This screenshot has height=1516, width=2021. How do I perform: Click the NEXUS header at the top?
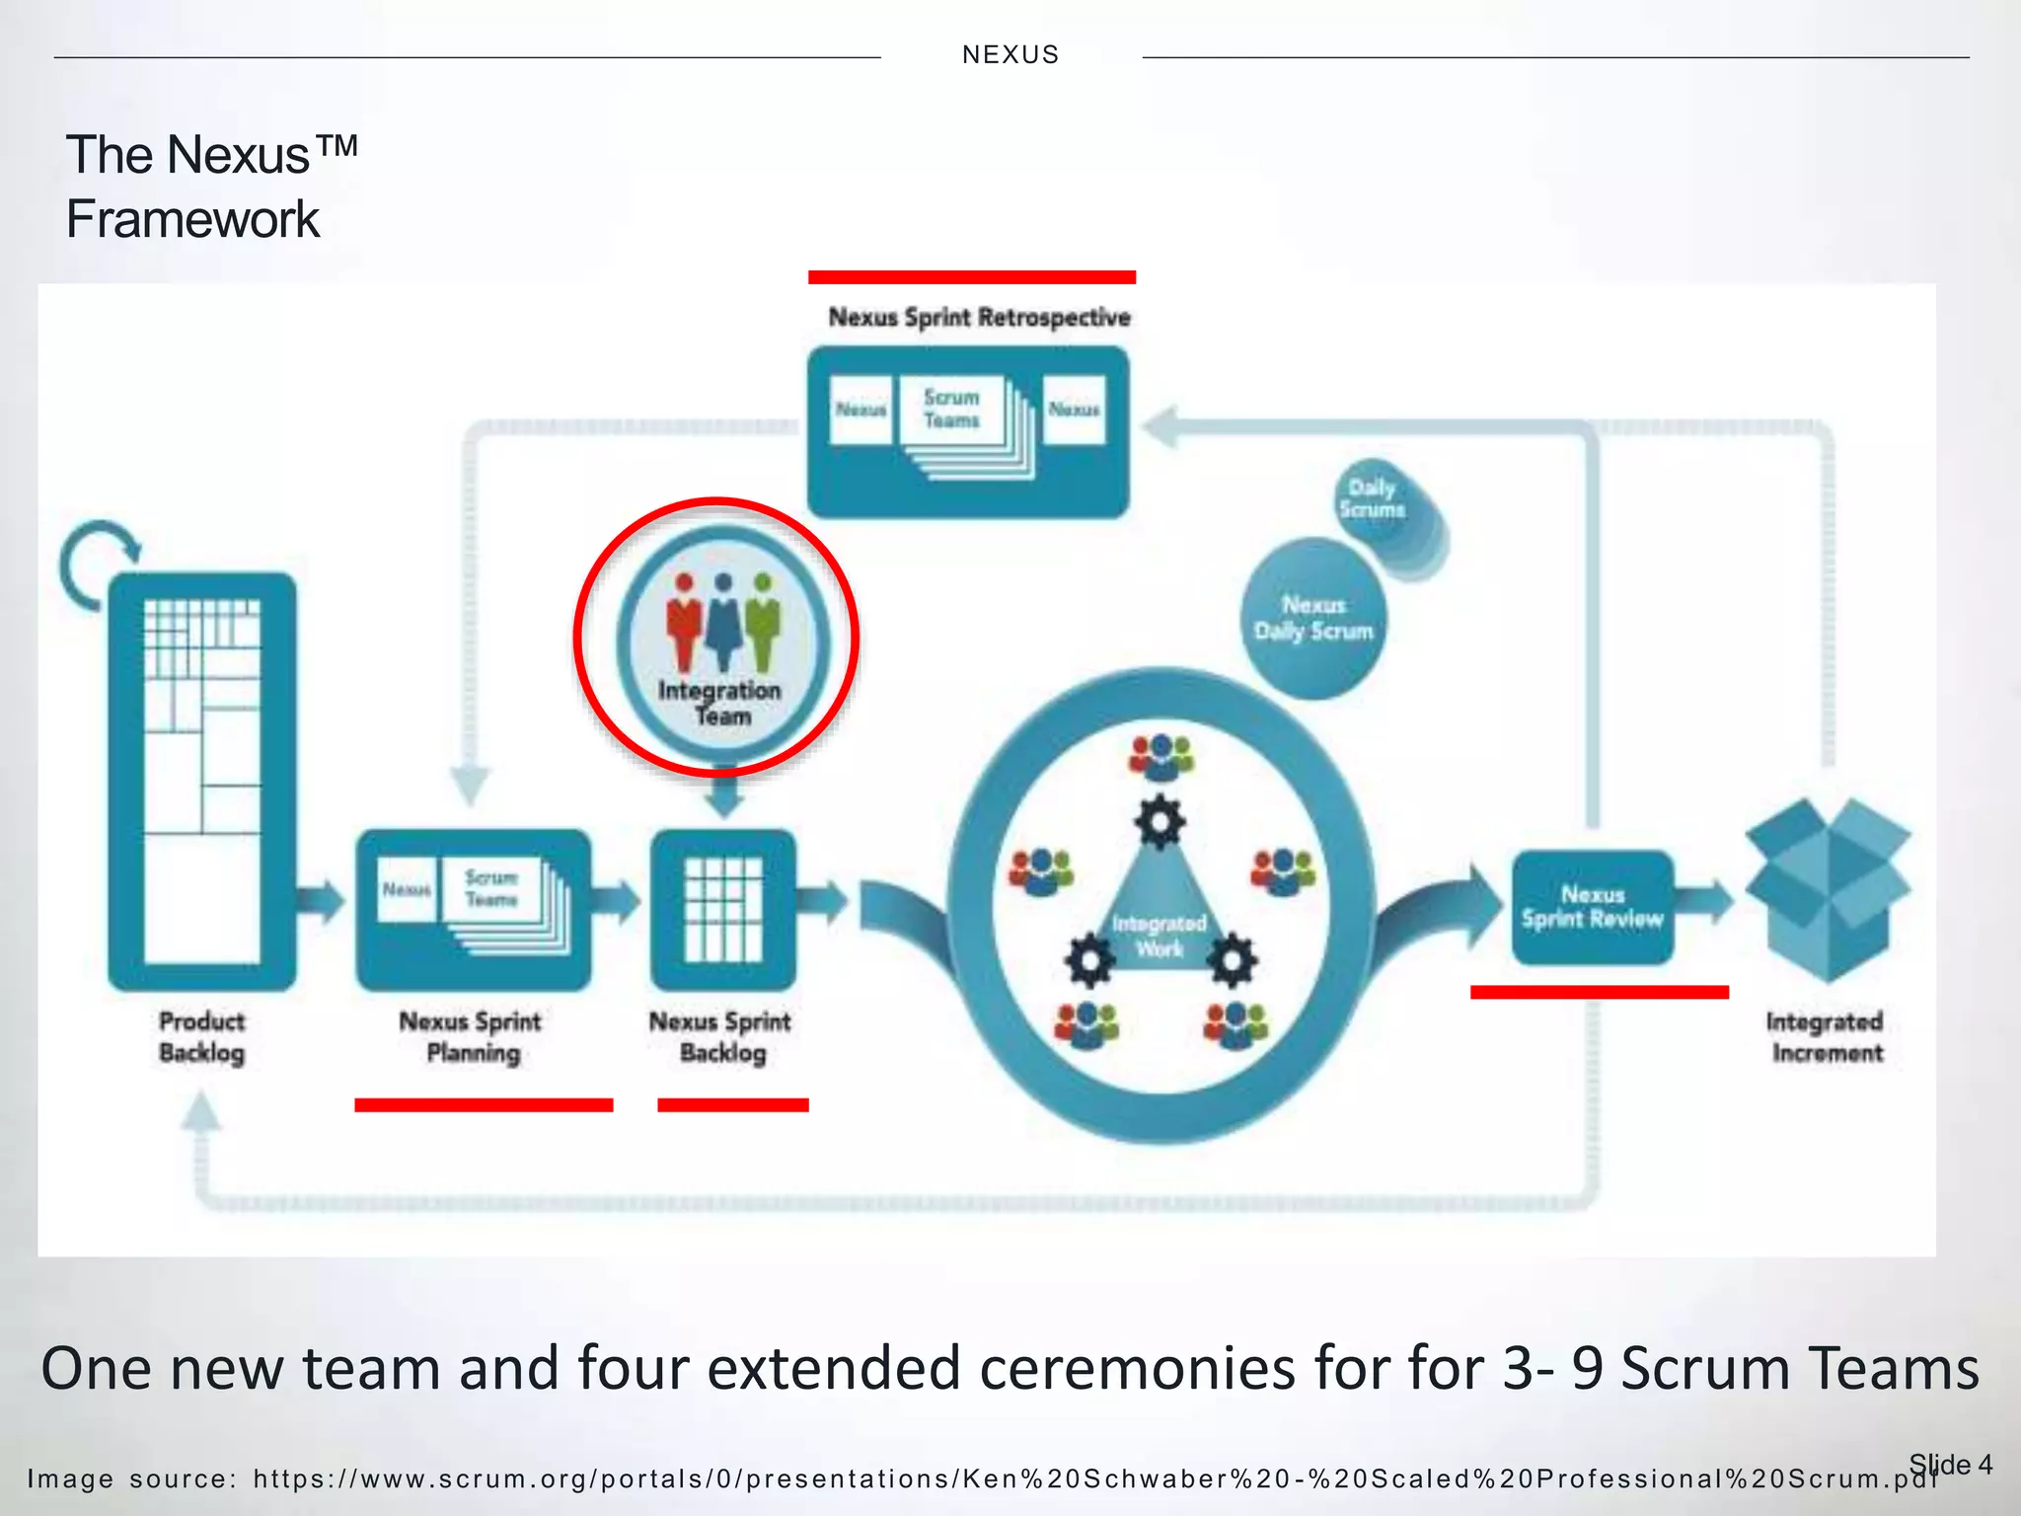1010,54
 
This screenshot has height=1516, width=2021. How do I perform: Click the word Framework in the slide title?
192,219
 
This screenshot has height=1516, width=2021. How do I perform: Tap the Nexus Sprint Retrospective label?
979,318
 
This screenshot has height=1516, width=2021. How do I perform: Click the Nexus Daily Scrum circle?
1312,619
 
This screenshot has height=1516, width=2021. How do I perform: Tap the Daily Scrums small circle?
1374,499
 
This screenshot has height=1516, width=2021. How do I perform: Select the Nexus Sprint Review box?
1592,907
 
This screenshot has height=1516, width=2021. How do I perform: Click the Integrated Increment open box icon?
1828,888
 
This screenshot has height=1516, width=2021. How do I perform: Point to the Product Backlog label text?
201,1036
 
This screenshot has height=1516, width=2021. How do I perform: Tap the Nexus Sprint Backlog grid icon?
723,909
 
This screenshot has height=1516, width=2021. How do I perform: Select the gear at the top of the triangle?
1160,821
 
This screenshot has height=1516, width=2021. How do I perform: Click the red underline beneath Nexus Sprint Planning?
484,1105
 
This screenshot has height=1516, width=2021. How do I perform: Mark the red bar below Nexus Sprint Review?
1599,992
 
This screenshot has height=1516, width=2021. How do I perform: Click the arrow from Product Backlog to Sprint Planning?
322,900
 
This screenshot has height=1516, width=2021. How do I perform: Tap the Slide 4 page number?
1950,1464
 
